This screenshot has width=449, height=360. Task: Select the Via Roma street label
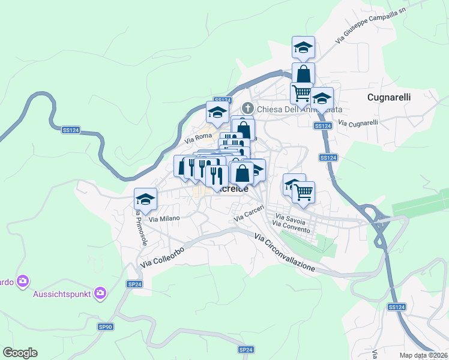point(199,138)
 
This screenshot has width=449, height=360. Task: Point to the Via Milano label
point(164,219)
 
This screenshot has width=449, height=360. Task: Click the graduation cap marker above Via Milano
point(145,199)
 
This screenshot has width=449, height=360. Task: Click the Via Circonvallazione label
point(285,253)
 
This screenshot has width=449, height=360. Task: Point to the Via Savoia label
point(290,216)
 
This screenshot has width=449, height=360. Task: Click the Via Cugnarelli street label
point(358,123)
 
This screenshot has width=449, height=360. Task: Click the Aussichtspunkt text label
point(62,293)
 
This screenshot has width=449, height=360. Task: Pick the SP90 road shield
point(105,326)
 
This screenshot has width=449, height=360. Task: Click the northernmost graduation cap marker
point(303,47)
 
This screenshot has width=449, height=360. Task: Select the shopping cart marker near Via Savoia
point(304,193)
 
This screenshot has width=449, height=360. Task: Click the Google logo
point(20,353)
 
